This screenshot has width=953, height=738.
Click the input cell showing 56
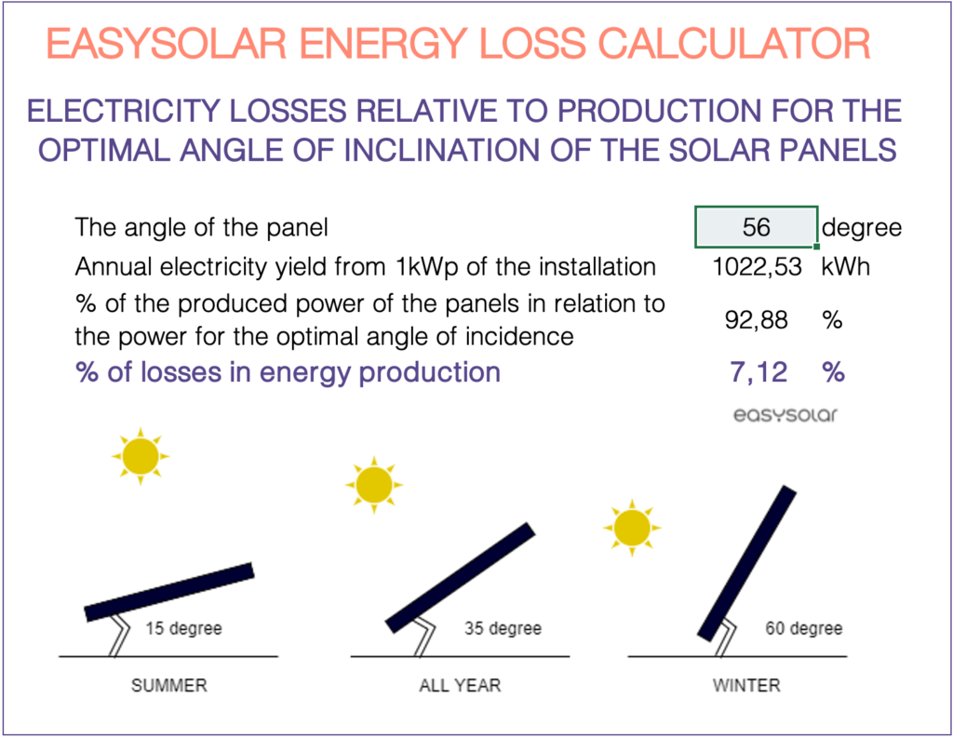tap(756, 227)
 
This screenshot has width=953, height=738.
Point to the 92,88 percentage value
tap(756, 320)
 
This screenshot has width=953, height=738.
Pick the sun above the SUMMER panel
tap(141, 456)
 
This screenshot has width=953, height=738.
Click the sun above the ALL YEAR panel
tap(374, 484)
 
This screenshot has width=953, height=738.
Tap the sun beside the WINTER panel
tap(632, 528)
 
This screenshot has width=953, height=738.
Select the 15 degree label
tap(183, 628)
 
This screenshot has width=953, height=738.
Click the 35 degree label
tap(503, 628)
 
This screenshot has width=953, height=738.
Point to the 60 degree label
tap(803, 628)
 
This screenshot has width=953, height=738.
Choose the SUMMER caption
tap(169, 686)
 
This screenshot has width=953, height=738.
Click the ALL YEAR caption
tap(460, 686)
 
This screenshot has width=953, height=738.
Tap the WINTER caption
tap(746, 686)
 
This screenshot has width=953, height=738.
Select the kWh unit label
tap(845, 267)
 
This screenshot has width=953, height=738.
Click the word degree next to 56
tap(862, 227)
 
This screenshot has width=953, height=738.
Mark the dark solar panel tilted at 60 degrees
tap(747, 564)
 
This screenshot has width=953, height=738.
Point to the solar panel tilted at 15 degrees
tap(169, 591)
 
